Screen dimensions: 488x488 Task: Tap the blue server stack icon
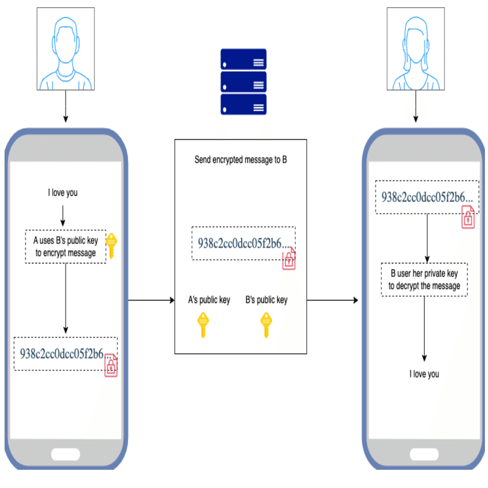[243, 82]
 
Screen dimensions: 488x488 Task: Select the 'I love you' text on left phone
[63, 193]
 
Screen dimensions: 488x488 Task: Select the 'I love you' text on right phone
[424, 374]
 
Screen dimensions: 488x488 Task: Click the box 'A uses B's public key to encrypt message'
[66, 246]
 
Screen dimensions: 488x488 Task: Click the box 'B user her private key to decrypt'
[424, 280]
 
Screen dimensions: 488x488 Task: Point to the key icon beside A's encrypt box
[112, 245]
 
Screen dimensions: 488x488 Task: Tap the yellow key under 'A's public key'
[204, 325]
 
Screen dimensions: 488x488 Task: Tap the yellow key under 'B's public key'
[266, 325]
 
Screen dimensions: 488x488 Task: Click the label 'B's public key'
[266, 300]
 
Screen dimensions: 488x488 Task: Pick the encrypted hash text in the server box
[240, 243]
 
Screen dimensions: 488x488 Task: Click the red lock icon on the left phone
[110, 366]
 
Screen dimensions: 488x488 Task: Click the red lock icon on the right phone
[469, 217]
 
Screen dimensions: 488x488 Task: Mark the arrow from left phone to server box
[151, 300]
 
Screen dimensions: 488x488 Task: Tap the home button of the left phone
[66, 455]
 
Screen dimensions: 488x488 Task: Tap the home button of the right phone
[424, 455]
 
